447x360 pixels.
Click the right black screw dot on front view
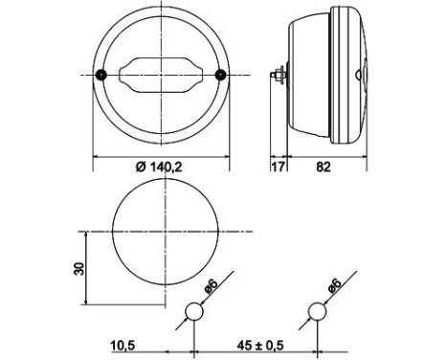pyautogui.click(x=221, y=75)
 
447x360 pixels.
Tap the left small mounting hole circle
pyautogui.click(x=195, y=311)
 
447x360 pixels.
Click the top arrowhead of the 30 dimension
pyautogui.click(x=87, y=234)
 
